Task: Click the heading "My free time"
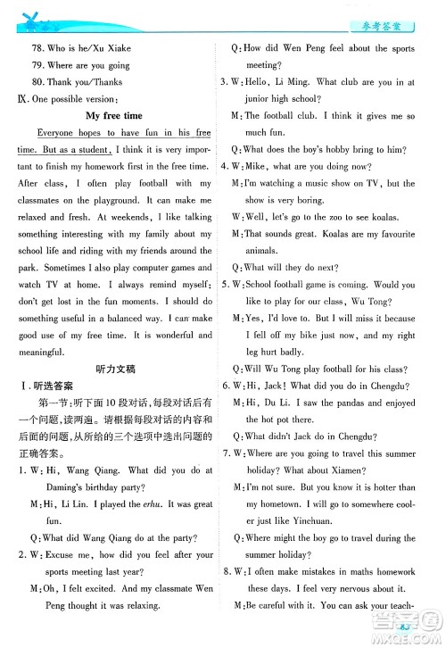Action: coord(113,116)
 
